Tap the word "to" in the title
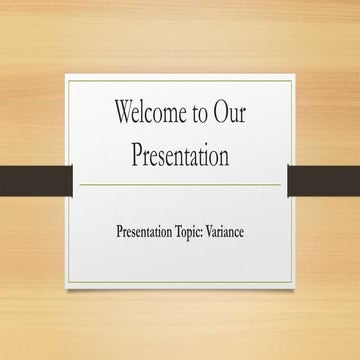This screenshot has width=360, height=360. coord(201,113)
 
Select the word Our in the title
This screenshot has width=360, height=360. coord(229,112)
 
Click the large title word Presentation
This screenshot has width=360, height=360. coord(180,155)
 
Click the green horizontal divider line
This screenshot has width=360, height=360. coord(180,184)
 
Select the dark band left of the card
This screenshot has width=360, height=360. coord(36,180)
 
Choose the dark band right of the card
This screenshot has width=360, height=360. coord(323,180)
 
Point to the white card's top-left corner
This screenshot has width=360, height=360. coord(67,75)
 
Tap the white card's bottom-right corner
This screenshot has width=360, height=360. coord(295,287)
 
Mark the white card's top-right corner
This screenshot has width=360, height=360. coord(295,75)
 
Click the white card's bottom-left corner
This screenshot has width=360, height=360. coord(67,287)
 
